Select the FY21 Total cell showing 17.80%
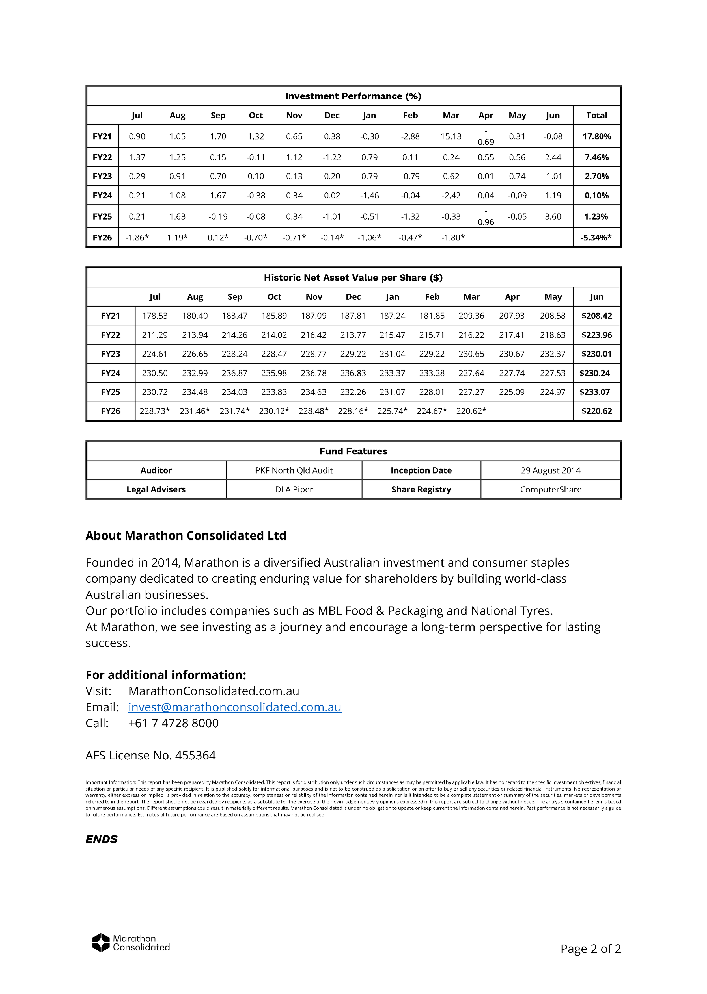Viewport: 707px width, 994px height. [596, 136]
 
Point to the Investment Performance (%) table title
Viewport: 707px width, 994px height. [353, 96]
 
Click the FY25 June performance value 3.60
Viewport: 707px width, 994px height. [553, 217]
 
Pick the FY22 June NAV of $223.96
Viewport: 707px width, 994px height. [596, 335]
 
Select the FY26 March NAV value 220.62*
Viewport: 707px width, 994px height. [471, 411]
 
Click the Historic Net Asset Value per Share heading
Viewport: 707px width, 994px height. [353, 277]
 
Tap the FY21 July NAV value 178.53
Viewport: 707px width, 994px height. [154, 316]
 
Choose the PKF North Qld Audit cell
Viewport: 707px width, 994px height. [294, 470]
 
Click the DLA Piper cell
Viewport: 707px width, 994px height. [294, 489]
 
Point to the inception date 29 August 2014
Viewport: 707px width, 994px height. [551, 470]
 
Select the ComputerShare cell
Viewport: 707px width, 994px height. [551, 489]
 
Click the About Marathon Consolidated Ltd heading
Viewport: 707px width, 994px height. [186, 535]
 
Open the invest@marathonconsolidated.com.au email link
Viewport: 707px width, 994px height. [235, 707]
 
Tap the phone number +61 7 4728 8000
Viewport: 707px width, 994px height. [173, 723]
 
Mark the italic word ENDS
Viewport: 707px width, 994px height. [102, 839]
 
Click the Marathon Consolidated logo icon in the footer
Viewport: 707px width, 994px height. [101, 942]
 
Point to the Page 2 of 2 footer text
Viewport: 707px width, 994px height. [590, 948]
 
